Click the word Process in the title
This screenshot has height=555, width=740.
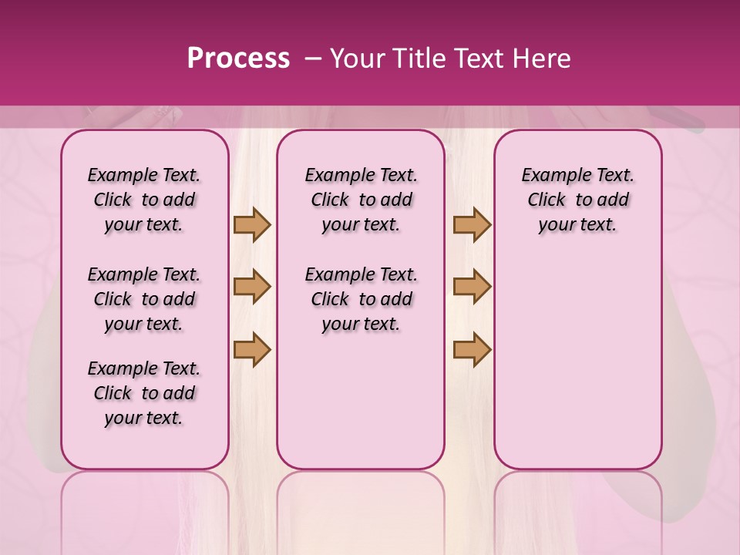(x=238, y=59)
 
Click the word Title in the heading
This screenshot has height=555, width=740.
(x=417, y=59)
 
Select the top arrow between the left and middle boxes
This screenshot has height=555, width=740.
(x=252, y=224)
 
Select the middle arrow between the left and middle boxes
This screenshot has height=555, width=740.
(x=252, y=287)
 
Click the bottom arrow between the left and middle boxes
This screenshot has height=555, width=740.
(x=252, y=349)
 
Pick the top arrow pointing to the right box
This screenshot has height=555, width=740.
(x=472, y=224)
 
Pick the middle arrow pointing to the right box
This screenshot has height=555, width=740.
(x=472, y=287)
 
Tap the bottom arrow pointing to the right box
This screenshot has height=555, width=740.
(x=472, y=349)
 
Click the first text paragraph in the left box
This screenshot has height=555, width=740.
(x=144, y=200)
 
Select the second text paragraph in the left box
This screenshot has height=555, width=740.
(x=144, y=299)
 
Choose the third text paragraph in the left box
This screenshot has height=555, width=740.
(x=144, y=393)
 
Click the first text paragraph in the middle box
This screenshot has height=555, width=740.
(x=361, y=200)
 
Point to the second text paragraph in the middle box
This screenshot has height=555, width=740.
(x=361, y=299)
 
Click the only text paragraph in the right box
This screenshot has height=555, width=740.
(x=577, y=200)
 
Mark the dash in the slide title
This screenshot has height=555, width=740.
(x=313, y=59)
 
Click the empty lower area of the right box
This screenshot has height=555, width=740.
(x=577, y=362)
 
